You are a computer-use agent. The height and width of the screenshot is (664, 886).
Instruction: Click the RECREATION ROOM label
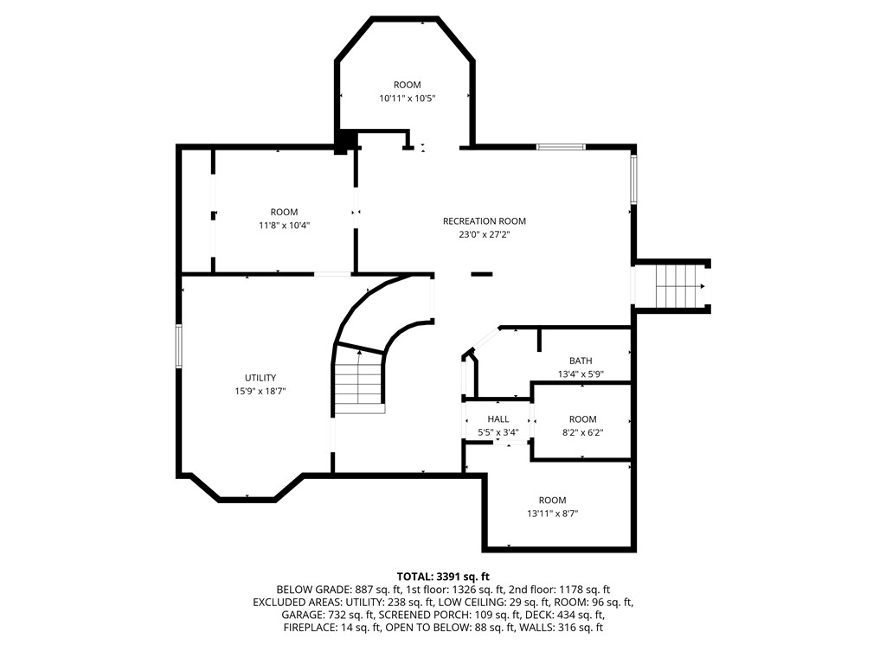pyautogui.click(x=484, y=221)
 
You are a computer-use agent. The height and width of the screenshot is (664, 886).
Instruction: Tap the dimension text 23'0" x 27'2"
pyautogui.click(x=484, y=234)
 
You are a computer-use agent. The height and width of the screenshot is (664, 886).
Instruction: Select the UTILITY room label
pyautogui.click(x=260, y=378)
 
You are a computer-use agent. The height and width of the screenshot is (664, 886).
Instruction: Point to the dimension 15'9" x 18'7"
pyautogui.click(x=260, y=391)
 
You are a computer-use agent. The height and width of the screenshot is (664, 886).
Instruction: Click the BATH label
pyautogui.click(x=581, y=361)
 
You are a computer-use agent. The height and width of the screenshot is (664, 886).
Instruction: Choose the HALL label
pyautogui.click(x=498, y=419)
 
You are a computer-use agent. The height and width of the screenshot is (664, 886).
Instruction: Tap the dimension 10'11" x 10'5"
pyautogui.click(x=407, y=99)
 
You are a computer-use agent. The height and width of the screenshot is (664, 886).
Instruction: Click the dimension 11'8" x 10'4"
pyautogui.click(x=284, y=225)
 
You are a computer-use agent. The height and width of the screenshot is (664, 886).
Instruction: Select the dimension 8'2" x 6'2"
pyautogui.click(x=582, y=432)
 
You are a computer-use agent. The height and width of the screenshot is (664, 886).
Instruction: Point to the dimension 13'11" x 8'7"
pyautogui.click(x=552, y=514)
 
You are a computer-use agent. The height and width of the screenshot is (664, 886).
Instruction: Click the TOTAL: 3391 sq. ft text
pyautogui.click(x=443, y=576)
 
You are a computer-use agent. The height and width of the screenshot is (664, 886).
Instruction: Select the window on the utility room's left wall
pyautogui.click(x=179, y=346)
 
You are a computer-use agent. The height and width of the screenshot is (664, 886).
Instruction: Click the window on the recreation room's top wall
pyautogui.click(x=561, y=147)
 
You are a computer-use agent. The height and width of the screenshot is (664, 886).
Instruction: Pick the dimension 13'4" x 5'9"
pyautogui.click(x=581, y=374)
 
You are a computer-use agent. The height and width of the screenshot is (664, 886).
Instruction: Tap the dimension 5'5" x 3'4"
pyautogui.click(x=498, y=432)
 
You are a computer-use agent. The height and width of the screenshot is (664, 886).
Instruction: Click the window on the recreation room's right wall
pyautogui.click(x=633, y=180)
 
